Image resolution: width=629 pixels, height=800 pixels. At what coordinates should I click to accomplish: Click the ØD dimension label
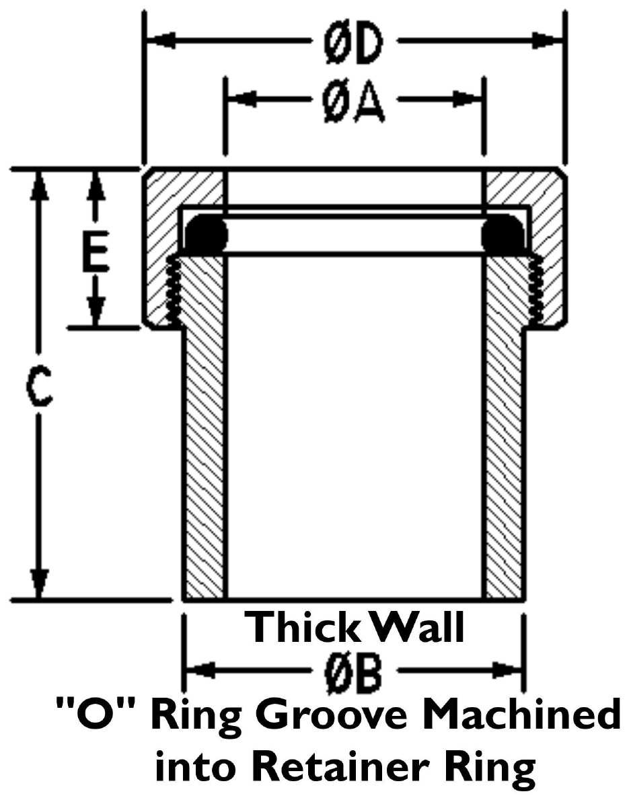pyautogui.click(x=353, y=42)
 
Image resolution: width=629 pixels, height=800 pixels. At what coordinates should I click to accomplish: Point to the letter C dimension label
pyautogui.click(x=38, y=388)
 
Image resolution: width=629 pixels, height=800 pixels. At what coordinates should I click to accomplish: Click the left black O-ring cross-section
pyautogui.click(x=206, y=233)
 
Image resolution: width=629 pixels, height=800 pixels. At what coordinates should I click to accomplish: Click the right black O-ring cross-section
pyautogui.click(x=503, y=233)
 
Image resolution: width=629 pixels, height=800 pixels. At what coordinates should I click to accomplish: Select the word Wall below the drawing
pyautogui.click(x=417, y=626)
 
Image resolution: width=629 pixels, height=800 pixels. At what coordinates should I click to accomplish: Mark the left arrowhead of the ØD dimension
pyautogui.click(x=161, y=40)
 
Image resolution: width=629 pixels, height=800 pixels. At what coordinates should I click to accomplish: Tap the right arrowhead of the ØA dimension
pyautogui.click(x=468, y=99)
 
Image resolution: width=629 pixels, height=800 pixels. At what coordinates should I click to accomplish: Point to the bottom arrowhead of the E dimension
pyautogui.click(x=96, y=312)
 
